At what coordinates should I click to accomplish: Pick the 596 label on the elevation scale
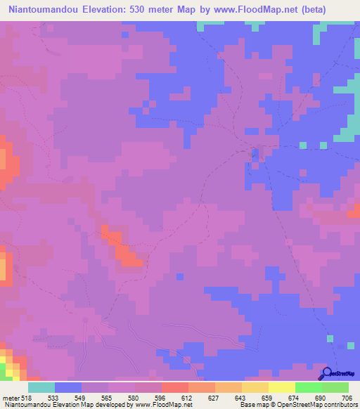[x=161, y=397]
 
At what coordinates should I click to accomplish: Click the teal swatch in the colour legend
[x=41, y=387]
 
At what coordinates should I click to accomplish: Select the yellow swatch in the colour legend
[x=282, y=387]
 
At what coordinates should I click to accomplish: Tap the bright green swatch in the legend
[x=309, y=387]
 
